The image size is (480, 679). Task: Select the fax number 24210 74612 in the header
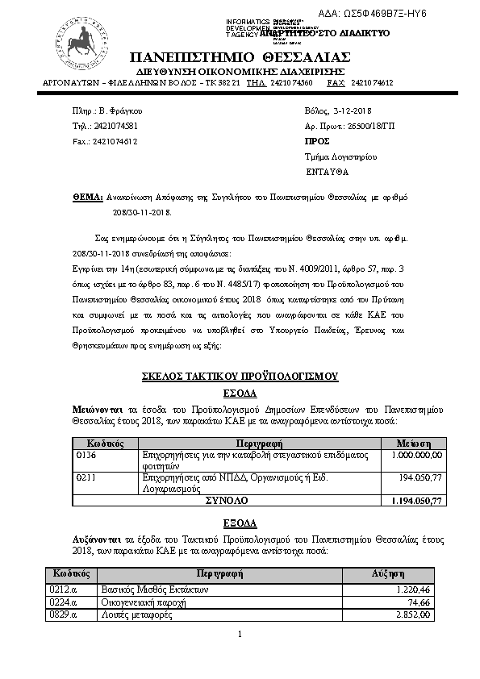(x=373, y=83)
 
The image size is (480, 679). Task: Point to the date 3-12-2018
(x=351, y=110)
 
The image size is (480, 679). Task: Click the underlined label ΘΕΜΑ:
(x=87, y=196)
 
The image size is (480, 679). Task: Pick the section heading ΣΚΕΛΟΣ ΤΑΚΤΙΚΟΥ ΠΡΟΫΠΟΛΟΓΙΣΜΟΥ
(x=240, y=377)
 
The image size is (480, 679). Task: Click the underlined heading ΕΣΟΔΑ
(x=240, y=393)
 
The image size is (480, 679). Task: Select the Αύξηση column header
(x=387, y=573)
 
